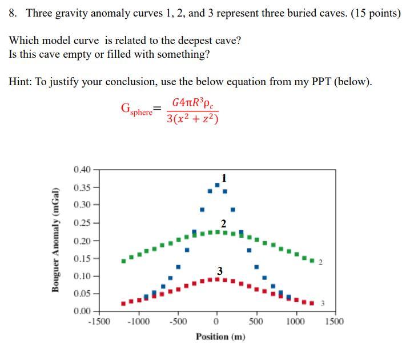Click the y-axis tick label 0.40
coord(82,170)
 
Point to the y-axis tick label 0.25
coord(82,223)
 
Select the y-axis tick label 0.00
coord(82,311)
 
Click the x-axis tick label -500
coord(178,321)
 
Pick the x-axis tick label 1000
coord(295,321)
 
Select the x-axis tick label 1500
coord(334,321)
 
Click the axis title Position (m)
coord(220,337)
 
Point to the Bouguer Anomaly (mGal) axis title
coord(56,239)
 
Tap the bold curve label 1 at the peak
coord(224,177)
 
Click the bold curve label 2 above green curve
coord(223,222)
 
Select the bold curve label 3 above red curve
coord(219,270)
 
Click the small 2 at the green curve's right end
coord(320,263)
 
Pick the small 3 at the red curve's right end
coord(323,303)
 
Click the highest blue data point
coord(217,185)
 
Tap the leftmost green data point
coord(124,261)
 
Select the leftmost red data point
coord(124,303)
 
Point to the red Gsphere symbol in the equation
coord(137,109)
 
